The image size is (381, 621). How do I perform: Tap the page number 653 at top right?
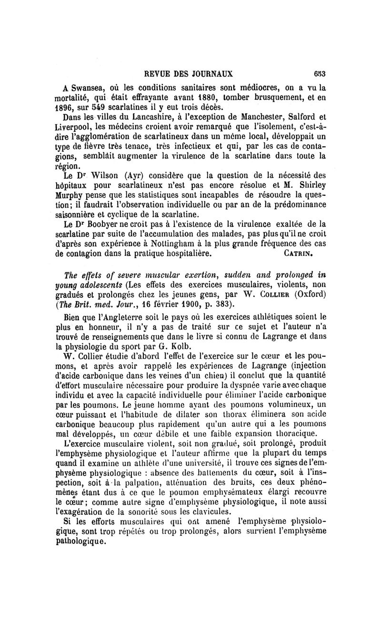pyautogui.click(x=318, y=73)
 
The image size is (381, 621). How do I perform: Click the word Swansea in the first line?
pyautogui.click(x=91, y=88)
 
